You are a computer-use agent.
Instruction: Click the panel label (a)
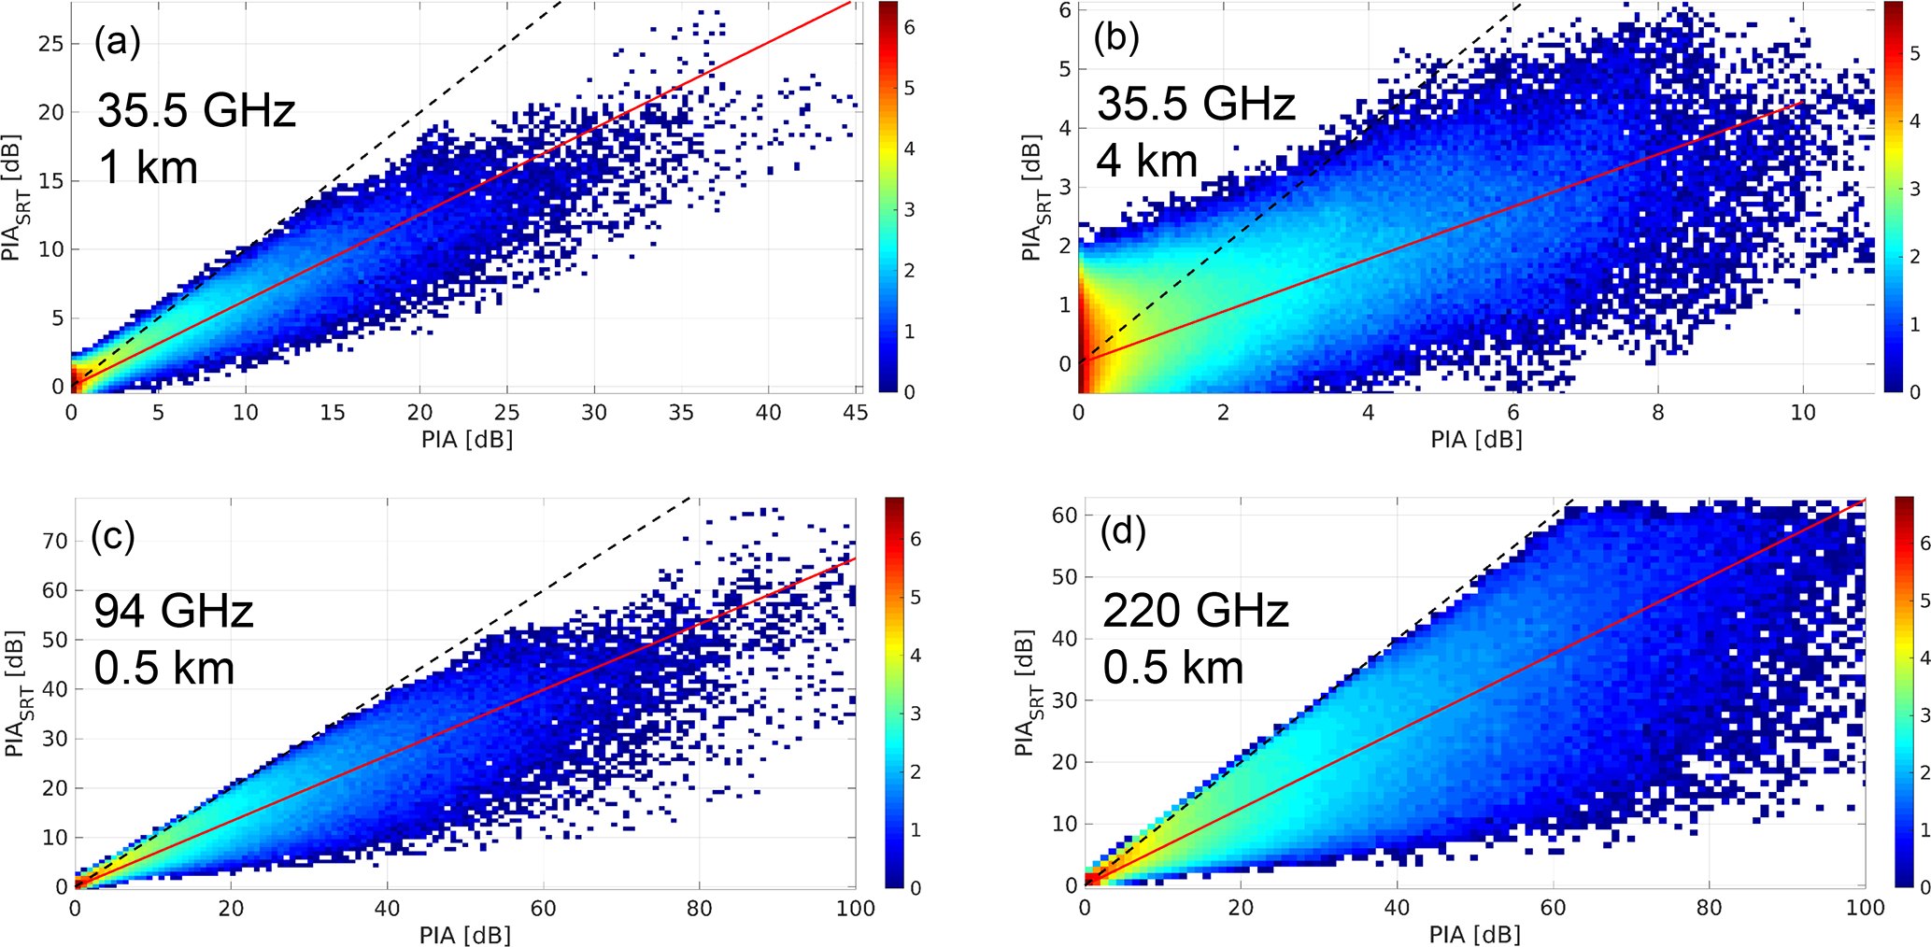(117, 43)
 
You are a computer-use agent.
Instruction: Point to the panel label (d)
(1124, 531)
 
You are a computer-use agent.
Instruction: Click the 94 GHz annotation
(174, 611)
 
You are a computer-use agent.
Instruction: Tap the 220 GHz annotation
(1196, 611)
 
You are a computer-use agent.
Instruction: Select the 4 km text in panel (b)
(1146, 161)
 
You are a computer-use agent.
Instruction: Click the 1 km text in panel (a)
(148, 167)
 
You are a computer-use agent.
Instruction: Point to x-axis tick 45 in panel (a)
(855, 412)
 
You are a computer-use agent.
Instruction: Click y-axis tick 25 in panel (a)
(52, 44)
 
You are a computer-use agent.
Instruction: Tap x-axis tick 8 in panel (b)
(1658, 412)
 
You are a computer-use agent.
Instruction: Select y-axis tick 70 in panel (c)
(55, 541)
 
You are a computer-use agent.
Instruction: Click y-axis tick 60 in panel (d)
(1065, 515)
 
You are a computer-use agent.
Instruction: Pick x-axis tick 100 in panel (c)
(856, 909)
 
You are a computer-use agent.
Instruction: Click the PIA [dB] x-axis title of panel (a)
(467, 439)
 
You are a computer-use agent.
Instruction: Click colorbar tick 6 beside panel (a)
(910, 28)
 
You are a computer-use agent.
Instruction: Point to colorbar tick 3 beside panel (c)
(916, 714)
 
